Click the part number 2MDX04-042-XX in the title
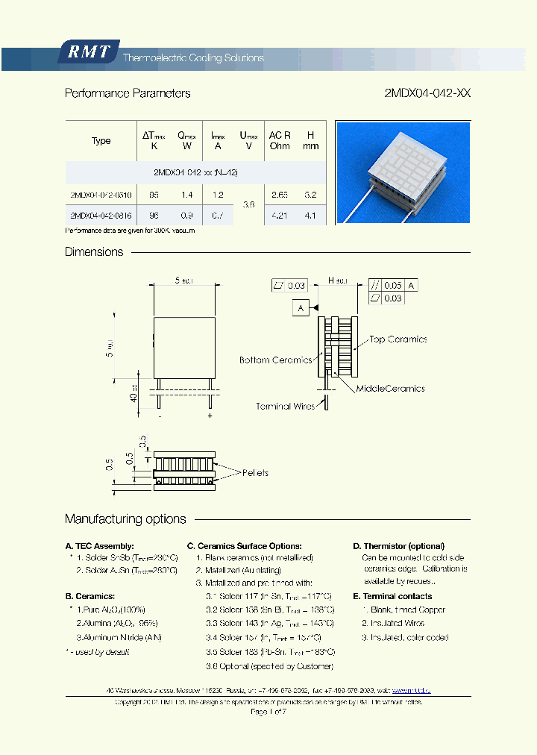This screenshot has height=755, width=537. (427, 93)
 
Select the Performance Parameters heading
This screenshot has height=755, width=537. (128, 93)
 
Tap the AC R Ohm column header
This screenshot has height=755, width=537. (280, 140)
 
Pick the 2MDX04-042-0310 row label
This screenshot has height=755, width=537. (101, 194)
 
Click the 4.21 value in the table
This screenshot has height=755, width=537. (280, 216)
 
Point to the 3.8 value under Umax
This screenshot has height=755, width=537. (248, 204)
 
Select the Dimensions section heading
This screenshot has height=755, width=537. (94, 252)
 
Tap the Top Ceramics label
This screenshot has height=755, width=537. (398, 339)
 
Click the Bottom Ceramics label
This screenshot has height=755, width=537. (275, 360)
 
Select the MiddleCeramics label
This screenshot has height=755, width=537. (390, 389)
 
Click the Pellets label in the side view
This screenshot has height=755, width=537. (254, 473)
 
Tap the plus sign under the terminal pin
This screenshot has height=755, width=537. (210, 416)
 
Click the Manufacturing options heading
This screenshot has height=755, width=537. (125, 519)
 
